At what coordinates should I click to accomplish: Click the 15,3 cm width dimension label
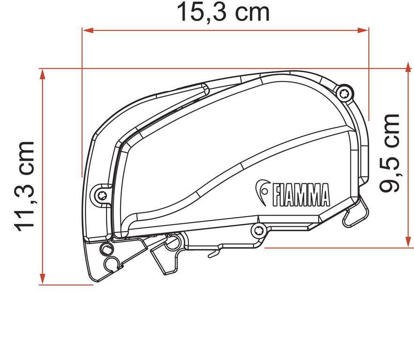tap(223, 13)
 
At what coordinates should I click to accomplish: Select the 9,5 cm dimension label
tap(391, 153)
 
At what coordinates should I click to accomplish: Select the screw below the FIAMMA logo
tap(258, 229)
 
